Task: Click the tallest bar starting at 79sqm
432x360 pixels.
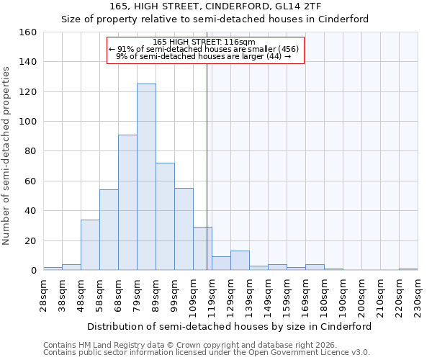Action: point(146,177)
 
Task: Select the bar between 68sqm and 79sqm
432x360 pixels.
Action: point(127,202)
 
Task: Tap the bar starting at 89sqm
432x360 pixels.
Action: point(165,216)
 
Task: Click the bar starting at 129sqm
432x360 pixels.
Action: point(240,261)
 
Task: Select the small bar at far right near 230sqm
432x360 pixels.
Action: point(408,269)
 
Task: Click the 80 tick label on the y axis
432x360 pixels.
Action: point(32,151)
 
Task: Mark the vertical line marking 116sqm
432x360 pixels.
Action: point(207,166)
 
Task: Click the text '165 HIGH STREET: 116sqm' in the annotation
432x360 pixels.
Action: point(204,42)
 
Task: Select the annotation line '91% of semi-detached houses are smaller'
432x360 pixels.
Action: point(204,49)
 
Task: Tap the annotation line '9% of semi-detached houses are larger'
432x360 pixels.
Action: point(204,56)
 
